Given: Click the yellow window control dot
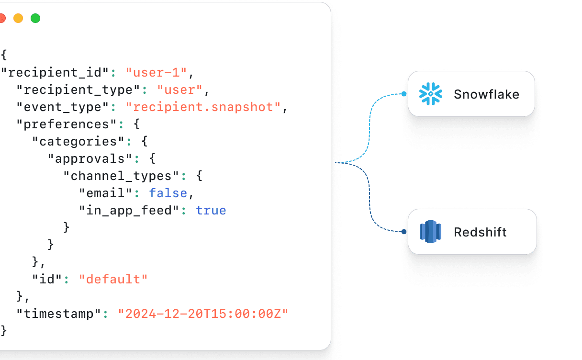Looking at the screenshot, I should [18, 18].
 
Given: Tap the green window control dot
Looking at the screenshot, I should [35, 18].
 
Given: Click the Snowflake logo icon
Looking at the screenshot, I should [430, 94].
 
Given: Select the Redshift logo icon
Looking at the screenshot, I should [430, 232].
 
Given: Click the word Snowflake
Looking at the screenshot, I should [486, 94].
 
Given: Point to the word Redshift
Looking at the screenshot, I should [480, 232].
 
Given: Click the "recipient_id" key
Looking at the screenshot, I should [56, 73].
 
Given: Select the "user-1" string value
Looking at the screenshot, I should [156, 73].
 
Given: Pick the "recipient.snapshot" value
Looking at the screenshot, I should [203, 107].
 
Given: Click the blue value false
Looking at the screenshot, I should [168, 193].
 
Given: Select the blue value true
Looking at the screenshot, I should [211, 210].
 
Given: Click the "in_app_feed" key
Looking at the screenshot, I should [129, 210].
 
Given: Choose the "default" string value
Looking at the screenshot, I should [113, 279].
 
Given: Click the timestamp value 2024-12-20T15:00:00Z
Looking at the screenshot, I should [203, 314].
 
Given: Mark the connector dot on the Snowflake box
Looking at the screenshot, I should [404, 94].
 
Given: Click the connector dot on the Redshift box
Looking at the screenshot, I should [404, 232].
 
